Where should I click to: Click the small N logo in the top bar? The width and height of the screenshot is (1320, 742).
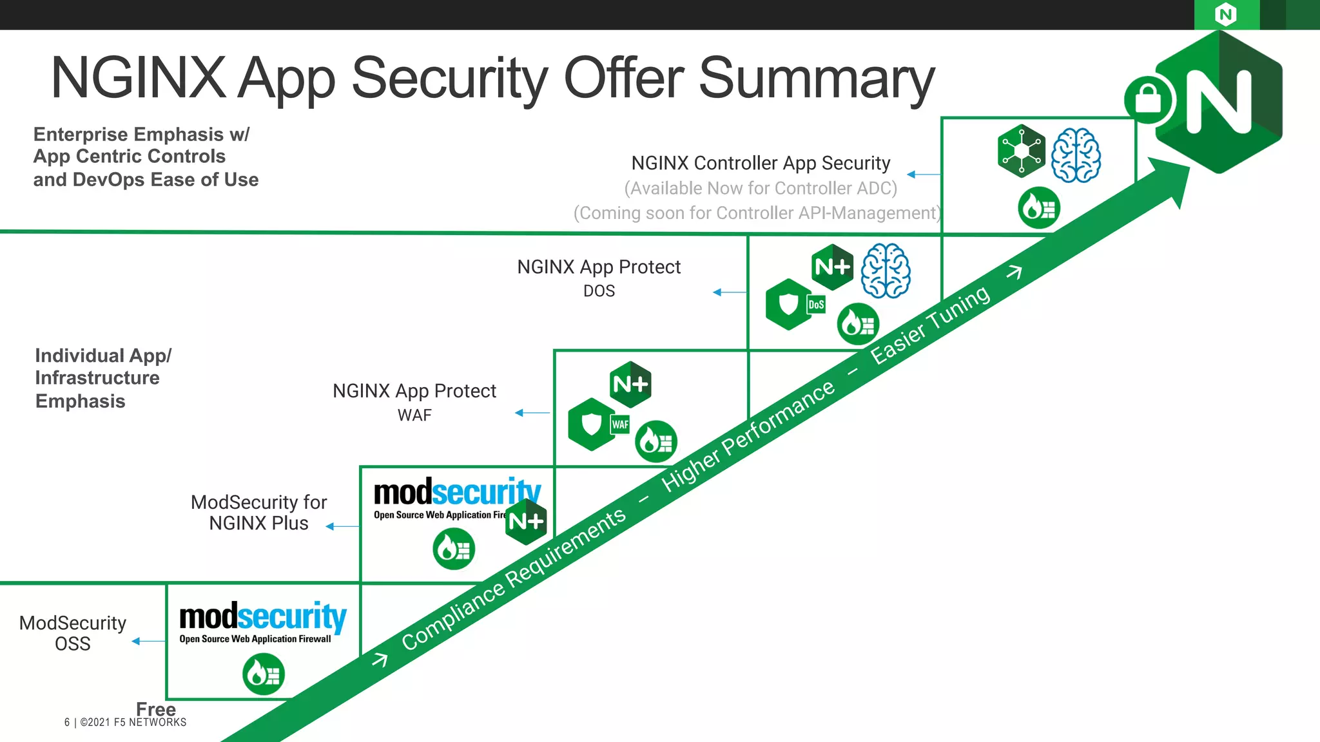click(x=1226, y=14)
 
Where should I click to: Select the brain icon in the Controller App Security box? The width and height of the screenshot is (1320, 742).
click(x=1076, y=155)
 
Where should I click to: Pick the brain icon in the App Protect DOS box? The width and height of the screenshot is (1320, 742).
click(x=886, y=271)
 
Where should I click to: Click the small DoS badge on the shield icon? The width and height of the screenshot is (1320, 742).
click(x=816, y=305)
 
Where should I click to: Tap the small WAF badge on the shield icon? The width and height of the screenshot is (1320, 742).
click(x=620, y=424)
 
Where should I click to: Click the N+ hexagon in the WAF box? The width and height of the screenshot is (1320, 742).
click(x=630, y=385)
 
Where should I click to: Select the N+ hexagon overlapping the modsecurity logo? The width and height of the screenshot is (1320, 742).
click(x=526, y=521)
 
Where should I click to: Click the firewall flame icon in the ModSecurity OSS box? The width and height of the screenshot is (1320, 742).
click(x=264, y=674)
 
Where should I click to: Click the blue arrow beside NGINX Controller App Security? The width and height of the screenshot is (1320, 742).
click(x=924, y=175)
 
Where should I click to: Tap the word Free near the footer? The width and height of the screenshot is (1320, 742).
click(x=156, y=709)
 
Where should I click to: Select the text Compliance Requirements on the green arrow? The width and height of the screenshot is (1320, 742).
click(x=514, y=578)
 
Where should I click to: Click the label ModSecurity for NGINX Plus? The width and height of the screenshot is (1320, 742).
click(x=258, y=513)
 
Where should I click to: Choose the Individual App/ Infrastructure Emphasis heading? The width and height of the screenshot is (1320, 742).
click(x=103, y=378)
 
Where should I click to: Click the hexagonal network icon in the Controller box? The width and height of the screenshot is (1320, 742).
click(x=1022, y=151)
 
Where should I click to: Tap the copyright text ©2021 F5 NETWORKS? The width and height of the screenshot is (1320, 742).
click(x=133, y=723)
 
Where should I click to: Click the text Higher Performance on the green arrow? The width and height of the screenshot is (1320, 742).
click(x=748, y=436)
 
